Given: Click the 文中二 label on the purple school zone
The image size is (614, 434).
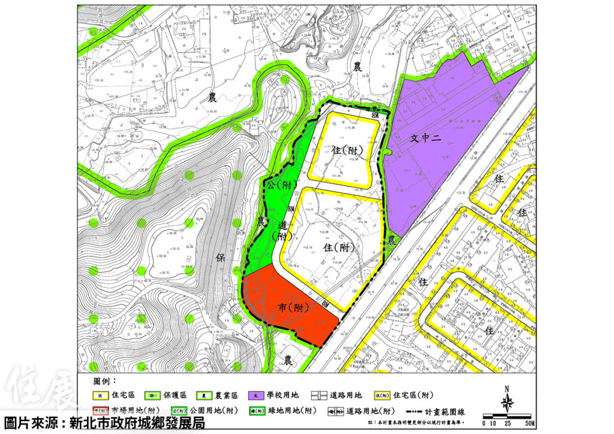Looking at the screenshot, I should [426, 138].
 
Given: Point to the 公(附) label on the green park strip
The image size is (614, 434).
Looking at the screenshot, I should [278, 185].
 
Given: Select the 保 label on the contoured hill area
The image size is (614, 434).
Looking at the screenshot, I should [219, 258].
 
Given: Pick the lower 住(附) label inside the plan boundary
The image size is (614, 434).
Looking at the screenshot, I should [336, 247].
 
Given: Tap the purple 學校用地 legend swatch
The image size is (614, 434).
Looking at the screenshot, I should [257, 396].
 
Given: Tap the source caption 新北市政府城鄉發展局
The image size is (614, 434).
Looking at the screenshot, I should [137, 423].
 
